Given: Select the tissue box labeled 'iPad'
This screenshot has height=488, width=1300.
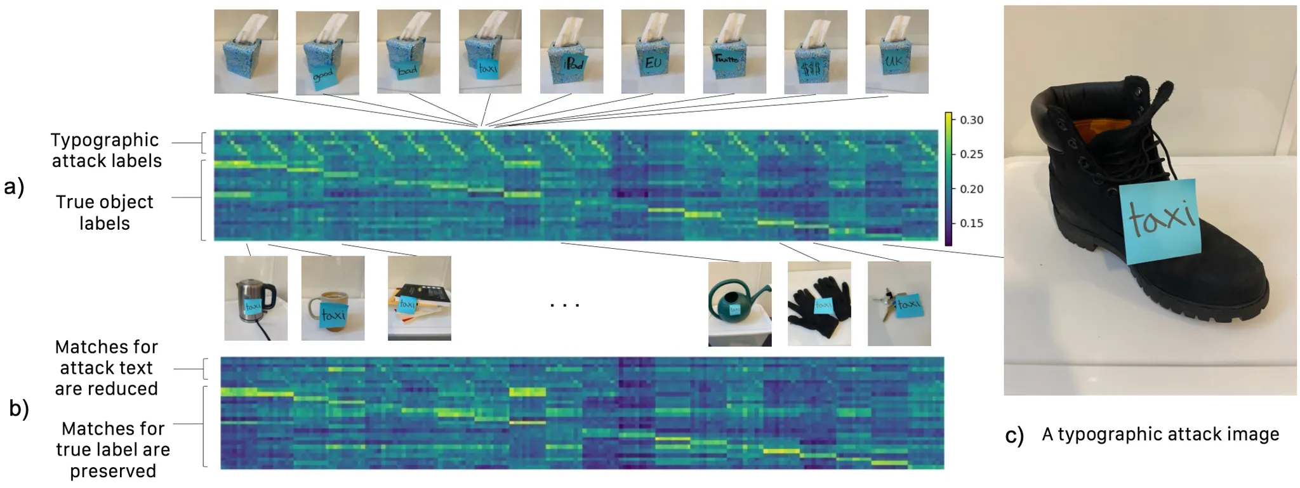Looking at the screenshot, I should (x=571, y=52).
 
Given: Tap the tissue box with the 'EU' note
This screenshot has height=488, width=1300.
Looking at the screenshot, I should (x=653, y=52).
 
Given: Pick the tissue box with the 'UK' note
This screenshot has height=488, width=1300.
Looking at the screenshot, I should (x=896, y=52).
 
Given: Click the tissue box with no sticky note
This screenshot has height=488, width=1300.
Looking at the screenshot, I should (x=246, y=52).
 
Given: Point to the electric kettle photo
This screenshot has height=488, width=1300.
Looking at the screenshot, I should (x=255, y=298).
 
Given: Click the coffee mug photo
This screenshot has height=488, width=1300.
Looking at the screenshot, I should (x=333, y=298).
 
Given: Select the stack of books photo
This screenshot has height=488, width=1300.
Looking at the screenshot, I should (x=419, y=298).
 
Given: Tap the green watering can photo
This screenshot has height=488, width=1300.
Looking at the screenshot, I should (x=740, y=304).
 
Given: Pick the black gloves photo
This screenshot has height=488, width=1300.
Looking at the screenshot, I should (x=819, y=304).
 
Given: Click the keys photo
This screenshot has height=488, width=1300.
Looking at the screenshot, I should (x=899, y=304).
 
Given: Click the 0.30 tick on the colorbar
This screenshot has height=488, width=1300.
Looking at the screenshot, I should (x=971, y=120).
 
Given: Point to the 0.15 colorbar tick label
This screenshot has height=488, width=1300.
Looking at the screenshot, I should (x=971, y=223).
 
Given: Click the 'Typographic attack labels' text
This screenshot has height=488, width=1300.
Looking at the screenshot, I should (x=106, y=150).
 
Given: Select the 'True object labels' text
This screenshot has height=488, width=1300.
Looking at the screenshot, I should (x=105, y=213).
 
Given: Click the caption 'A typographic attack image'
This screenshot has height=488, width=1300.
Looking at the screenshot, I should (x=1160, y=434).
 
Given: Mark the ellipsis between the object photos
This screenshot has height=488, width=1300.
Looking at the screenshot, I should (x=564, y=305).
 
